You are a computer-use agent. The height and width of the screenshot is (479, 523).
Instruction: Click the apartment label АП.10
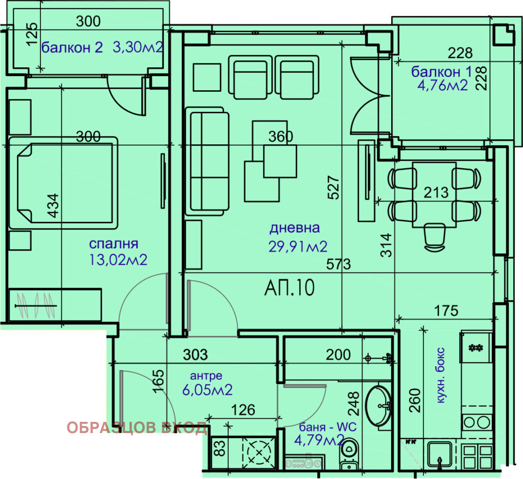click(289, 288)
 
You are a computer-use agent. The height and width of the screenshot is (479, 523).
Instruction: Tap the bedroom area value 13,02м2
click(118, 260)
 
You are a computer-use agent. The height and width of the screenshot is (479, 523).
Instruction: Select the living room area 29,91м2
click(298, 247)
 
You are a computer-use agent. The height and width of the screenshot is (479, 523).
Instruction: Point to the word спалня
click(113, 244)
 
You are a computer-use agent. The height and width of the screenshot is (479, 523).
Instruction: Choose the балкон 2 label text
click(72, 48)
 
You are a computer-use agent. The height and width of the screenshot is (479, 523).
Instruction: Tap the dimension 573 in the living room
click(340, 265)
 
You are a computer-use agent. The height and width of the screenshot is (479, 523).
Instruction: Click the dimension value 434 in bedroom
click(53, 207)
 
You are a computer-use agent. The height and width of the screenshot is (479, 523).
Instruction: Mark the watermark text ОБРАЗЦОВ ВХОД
click(137, 428)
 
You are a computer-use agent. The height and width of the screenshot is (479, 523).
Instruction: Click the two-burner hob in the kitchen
click(477, 422)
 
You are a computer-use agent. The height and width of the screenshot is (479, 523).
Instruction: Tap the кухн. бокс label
click(441, 376)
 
